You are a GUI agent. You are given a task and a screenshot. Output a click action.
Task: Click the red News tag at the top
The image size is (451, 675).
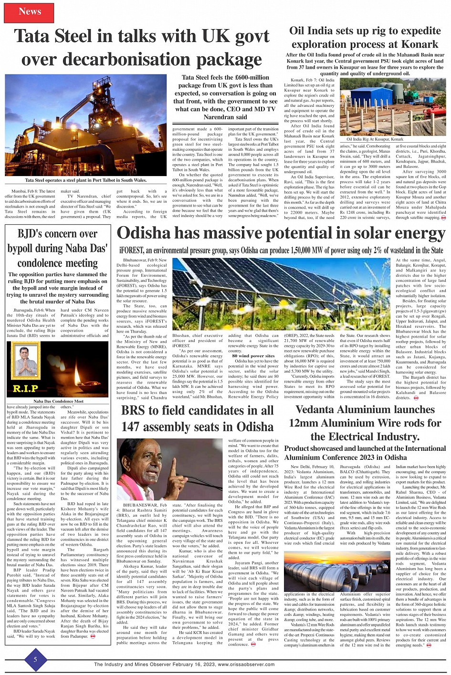29,12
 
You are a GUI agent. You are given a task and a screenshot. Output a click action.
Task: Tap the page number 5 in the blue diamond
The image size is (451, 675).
35,659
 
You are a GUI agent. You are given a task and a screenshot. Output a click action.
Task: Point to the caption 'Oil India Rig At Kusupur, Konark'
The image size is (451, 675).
375,139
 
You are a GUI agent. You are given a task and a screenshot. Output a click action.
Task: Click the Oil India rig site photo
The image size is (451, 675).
392,106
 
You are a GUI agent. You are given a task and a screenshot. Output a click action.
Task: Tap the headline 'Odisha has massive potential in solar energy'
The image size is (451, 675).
281,234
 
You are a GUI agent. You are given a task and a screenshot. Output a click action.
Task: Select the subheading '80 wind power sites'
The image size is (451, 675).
253,356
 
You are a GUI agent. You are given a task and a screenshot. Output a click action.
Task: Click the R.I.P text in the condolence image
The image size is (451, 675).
25,388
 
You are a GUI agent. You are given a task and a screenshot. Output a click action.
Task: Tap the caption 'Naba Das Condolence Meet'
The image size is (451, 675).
58,402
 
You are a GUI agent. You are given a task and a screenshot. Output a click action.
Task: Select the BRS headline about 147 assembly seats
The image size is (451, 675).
197,418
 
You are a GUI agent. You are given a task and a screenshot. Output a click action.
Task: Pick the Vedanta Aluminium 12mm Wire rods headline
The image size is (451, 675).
365,423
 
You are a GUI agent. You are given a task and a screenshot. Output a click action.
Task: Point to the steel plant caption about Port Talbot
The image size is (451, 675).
86,180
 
